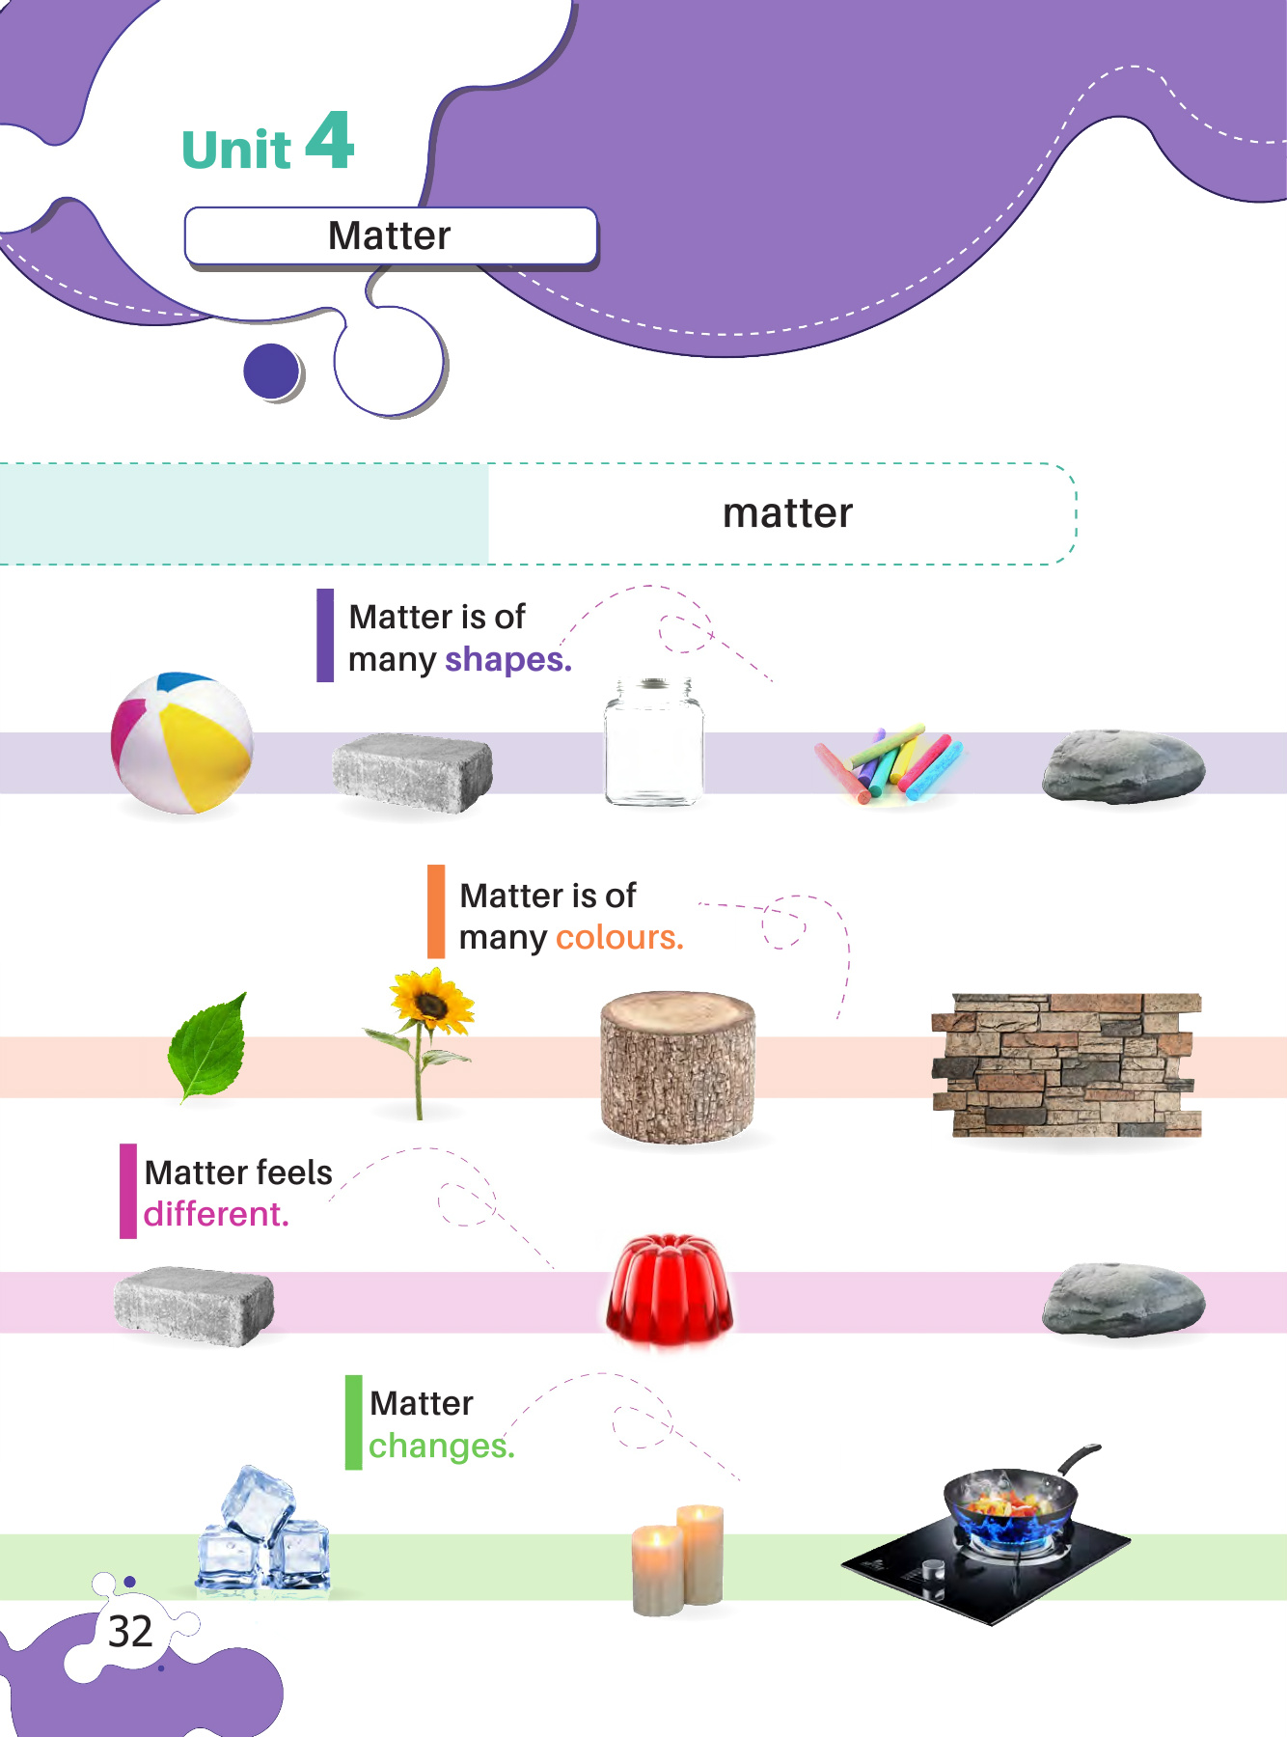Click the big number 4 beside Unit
click(x=330, y=141)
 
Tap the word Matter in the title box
click(x=389, y=235)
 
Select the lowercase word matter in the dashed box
click(x=787, y=513)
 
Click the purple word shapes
click(x=507, y=660)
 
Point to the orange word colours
click(x=618, y=938)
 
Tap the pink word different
click(x=215, y=1214)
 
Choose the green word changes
click(x=440, y=1446)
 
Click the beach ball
click(x=181, y=742)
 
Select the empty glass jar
click(x=653, y=742)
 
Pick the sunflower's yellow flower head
click(x=430, y=1005)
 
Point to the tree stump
click(x=677, y=1066)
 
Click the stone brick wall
click(x=1066, y=1064)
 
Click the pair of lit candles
click(x=678, y=1558)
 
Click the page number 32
click(x=130, y=1632)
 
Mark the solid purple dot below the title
click(x=272, y=371)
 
